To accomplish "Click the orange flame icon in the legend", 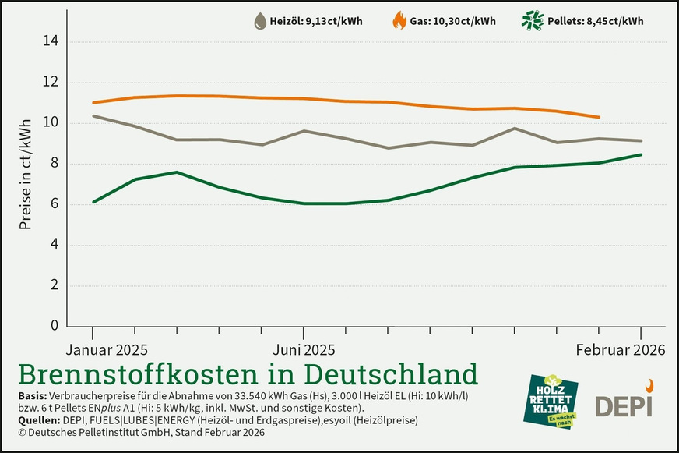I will (x=399, y=21).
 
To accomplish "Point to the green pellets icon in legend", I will (x=532, y=21).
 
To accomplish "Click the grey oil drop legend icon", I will (x=260, y=22).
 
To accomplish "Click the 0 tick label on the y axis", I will (x=54, y=326).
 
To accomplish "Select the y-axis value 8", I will (x=54, y=164).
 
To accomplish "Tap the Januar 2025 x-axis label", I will (x=107, y=349).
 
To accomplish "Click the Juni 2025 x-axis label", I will (x=302, y=349).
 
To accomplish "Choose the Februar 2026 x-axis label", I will (x=621, y=349).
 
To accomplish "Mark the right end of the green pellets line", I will (x=641, y=154).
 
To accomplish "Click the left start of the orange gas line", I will (x=93, y=102).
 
